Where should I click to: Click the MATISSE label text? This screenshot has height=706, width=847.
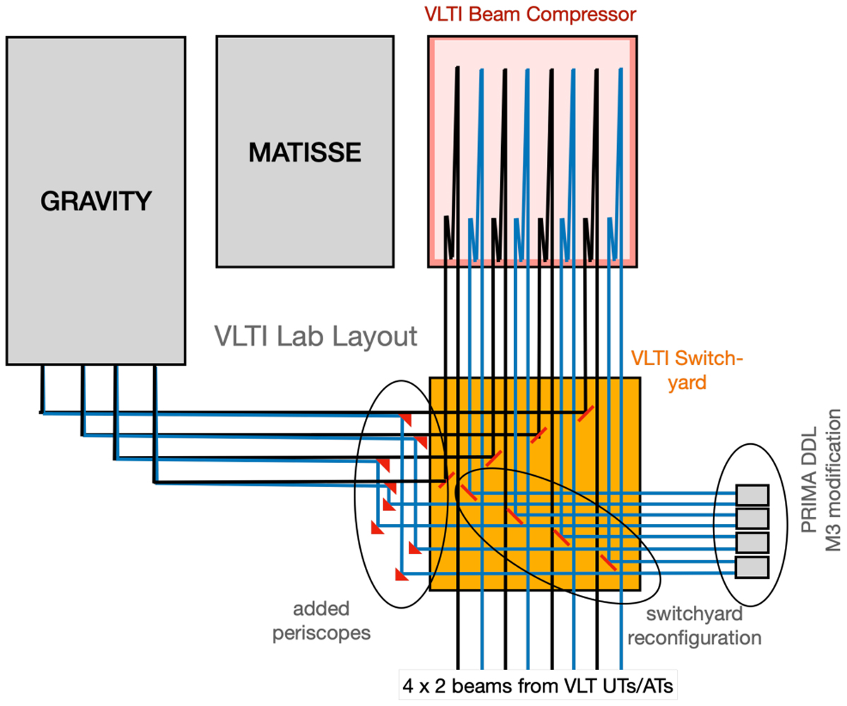(x=305, y=150)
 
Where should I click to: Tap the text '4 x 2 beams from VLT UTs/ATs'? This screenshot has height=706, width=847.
(x=538, y=685)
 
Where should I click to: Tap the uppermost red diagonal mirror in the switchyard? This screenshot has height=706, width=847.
(x=585, y=414)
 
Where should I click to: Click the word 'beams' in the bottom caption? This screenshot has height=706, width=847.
(x=472, y=685)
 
